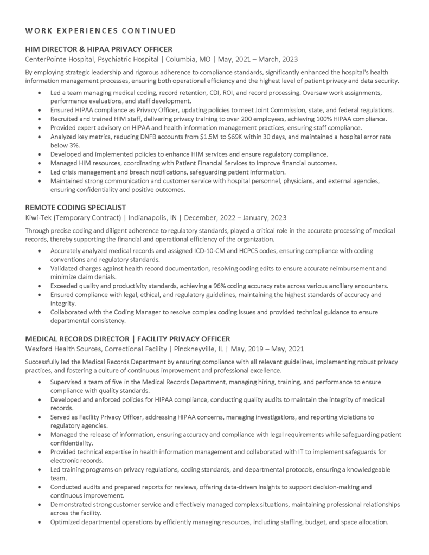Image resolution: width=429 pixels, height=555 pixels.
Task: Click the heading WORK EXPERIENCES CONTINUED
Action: click(100, 30)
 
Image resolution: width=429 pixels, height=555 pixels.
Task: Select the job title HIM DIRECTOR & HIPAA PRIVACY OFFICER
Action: click(99, 49)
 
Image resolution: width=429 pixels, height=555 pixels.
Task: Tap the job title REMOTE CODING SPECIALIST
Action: click(75, 208)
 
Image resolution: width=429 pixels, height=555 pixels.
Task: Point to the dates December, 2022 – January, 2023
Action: click(236, 218)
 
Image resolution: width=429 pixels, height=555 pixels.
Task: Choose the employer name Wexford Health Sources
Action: click(66, 349)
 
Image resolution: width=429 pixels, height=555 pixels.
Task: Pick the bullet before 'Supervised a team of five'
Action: click(39, 382)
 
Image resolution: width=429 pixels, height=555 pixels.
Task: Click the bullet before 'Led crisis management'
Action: click(39, 172)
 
